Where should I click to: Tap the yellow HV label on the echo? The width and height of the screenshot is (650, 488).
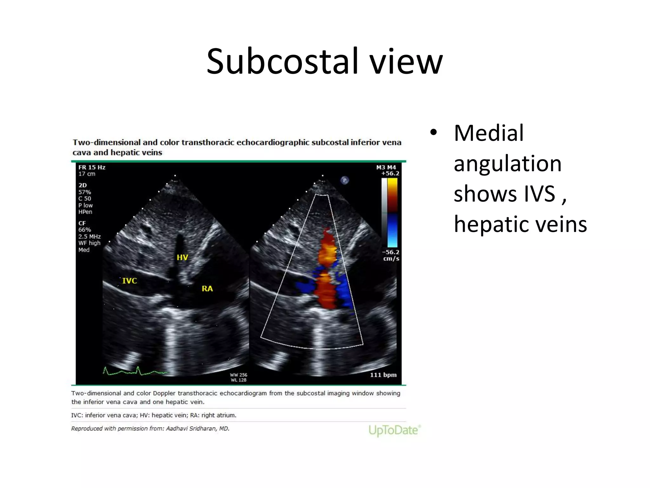182,257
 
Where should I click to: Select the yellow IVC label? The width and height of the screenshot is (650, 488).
129,281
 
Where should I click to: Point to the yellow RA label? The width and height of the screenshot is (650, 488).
207,289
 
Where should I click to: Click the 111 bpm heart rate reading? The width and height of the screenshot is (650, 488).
383,375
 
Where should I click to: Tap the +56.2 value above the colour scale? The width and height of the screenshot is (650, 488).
390,173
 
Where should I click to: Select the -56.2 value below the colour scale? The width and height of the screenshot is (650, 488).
390,252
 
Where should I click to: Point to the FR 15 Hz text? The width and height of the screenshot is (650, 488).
92,167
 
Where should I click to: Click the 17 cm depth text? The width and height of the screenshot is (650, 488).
87,174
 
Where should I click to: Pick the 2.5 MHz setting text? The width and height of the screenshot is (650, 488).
90,237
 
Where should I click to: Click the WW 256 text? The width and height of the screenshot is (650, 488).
238,375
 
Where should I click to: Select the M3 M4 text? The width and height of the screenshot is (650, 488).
386,167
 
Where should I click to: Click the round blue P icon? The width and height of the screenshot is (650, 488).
345,180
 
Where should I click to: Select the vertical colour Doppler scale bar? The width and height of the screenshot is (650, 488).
390,212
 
